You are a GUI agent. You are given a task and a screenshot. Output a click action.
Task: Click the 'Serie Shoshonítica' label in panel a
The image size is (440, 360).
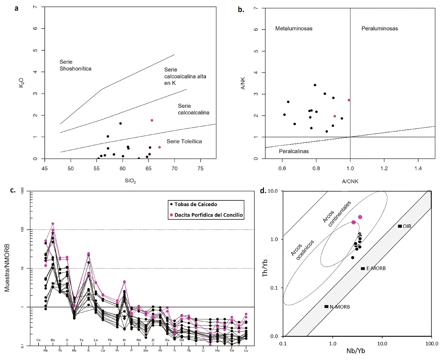pyautogui.click(x=75, y=65)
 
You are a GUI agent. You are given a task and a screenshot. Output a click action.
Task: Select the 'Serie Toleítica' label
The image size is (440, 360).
pyautogui.click(x=184, y=141)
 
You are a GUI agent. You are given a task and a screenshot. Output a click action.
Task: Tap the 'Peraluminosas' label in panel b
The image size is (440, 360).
pyautogui.click(x=379, y=28)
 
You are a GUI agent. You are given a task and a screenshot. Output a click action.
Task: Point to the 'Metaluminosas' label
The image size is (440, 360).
pyautogui.click(x=294, y=28)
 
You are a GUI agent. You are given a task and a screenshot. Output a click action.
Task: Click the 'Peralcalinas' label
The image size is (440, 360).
pyautogui.click(x=294, y=151)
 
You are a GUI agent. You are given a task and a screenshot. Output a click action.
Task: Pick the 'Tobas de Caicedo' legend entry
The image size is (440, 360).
pyautogui.click(x=196, y=204)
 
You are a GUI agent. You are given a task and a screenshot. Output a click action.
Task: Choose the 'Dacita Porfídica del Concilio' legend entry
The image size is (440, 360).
pyautogui.click(x=208, y=215)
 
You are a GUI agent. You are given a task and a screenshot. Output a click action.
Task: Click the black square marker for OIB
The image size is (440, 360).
pyautogui.click(x=400, y=226)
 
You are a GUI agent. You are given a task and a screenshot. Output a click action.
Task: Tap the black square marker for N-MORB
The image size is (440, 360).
pyautogui.click(x=326, y=307)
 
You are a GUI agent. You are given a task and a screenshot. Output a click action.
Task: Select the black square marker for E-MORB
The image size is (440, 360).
pyautogui.click(x=363, y=268)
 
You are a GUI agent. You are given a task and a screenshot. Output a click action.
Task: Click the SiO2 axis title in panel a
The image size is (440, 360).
pyautogui.click(x=130, y=181)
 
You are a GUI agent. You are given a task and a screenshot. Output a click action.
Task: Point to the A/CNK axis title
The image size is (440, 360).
pyautogui.click(x=350, y=181)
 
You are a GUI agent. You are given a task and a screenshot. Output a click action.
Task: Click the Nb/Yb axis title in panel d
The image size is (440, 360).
pyautogui.click(x=355, y=351)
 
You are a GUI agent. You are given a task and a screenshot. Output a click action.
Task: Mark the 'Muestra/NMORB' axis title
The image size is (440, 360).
pyautogui.click(x=7, y=267)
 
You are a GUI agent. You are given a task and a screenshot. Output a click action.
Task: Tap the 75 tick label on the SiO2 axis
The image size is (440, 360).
pyautogui.click(x=201, y=168)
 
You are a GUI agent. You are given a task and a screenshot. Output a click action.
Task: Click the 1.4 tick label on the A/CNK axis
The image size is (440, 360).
pyautogui.click(x=418, y=168)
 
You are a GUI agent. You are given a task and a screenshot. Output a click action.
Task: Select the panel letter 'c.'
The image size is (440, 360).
pyautogui.click(x=13, y=190)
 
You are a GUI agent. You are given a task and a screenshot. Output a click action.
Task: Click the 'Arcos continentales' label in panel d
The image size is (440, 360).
pyautogui.click(x=337, y=214)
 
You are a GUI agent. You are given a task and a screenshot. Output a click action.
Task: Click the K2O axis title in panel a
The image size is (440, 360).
pyautogui.click(x=21, y=83)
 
